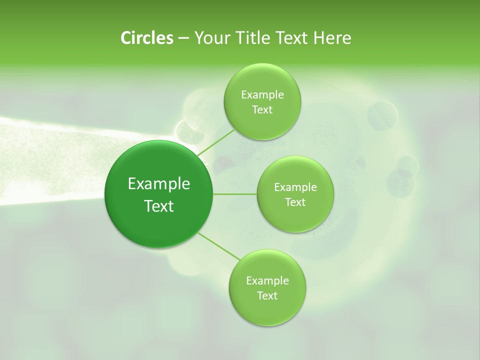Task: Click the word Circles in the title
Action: coord(146,37)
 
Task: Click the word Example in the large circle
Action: coord(159,184)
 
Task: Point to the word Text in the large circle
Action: coord(159,206)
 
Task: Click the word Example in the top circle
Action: coord(262,95)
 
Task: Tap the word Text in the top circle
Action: coord(262,110)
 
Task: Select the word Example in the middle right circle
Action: coord(295,187)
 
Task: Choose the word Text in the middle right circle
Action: coord(295,202)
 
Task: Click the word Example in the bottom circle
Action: coord(267,281)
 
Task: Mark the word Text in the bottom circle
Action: coord(267,296)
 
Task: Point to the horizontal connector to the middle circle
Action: coord(234,193)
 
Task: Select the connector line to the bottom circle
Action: coord(220,246)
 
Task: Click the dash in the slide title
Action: coord(183,38)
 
